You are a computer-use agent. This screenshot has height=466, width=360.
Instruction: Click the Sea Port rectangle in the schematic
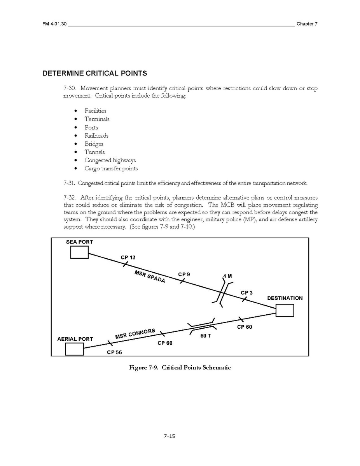pyautogui.click(x=79, y=252)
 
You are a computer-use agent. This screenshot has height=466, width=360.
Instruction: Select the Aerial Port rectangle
pyautogui.click(x=74, y=349)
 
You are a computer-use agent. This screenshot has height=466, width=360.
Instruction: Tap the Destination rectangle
pyautogui.click(x=285, y=310)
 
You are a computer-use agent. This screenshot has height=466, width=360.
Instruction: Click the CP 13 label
pyautogui.click(x=128, y=258)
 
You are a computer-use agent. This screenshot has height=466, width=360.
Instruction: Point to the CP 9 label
pyautogui.click(x=184, y=275)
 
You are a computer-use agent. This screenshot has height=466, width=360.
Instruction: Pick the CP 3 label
pyautogui.click(x=247, y=293)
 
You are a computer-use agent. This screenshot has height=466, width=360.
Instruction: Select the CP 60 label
pyautogui.click(x=245, y=327)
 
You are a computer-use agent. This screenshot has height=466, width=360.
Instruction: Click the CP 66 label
pyautogui.click(x=165, y=343)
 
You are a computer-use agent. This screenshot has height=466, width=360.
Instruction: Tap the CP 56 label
pyautogui.click(x=114, y=352)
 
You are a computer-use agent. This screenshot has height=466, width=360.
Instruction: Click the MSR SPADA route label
pyautogui.click(x=150, y=277)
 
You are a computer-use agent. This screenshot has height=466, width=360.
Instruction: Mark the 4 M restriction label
pyautogui.click(x=227, y=276)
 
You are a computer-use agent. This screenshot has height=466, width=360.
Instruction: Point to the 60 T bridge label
pyautogui.click(x=206, y=336)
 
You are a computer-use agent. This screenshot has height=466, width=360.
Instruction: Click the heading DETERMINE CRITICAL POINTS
pyautogui.click(x=94, y=74)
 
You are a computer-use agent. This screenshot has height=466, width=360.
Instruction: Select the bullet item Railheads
pyautogui.click(x=96, y=136)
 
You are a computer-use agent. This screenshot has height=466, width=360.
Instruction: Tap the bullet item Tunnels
pyautogui.click(x=94, y=152)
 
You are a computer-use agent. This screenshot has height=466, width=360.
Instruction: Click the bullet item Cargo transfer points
pyautogui.click(x=111, y=168)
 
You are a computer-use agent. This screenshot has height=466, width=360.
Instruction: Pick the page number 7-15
pyautogui.click(x=170, y=436)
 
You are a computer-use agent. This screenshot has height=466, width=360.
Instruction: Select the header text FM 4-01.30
pyautogui.click(x=54, y=24)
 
